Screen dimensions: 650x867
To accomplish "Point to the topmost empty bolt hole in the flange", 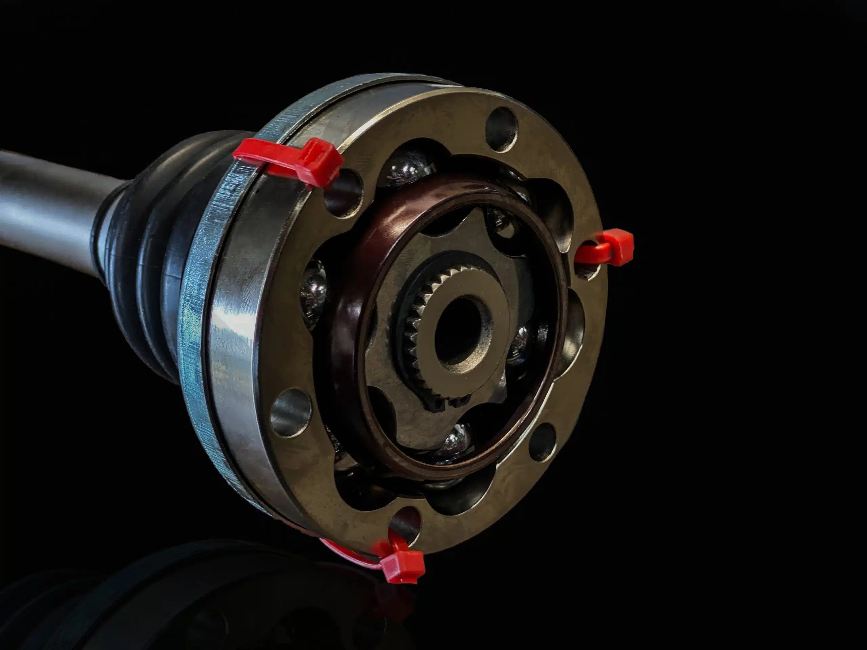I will (x=502, y=124).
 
